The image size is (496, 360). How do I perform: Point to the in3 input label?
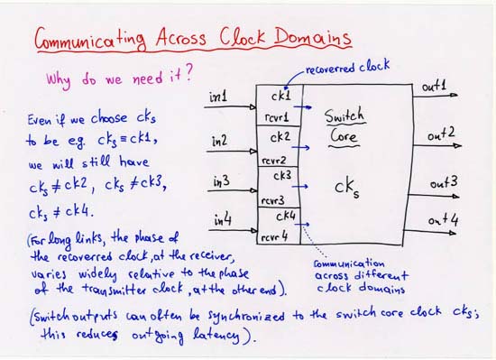coord(220,182)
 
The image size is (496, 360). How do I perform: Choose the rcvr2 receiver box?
coord(273,160)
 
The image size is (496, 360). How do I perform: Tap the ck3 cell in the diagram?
coord(281,174)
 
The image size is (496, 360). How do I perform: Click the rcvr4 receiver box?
coord(274,237)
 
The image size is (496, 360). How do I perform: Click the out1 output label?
coord(436,87)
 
